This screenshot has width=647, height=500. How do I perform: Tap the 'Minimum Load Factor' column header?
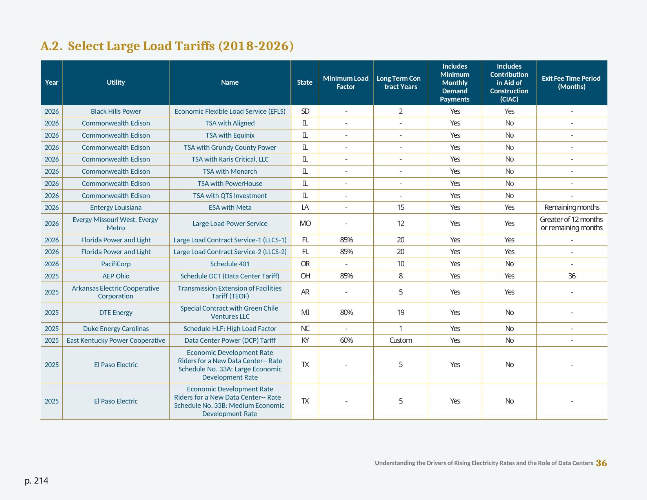pos(346,82)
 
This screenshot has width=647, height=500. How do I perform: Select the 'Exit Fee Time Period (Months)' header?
pos(571,82)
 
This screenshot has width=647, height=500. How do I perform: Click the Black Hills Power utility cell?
pos(116,111)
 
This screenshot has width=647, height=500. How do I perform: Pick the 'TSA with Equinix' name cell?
pos(230,135)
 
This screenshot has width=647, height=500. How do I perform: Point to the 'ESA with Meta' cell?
pos(230,207)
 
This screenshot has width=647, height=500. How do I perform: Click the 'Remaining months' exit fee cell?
pos(572,207)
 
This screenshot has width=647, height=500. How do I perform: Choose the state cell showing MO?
pos(305,224)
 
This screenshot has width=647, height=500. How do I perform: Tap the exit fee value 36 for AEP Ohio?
pos(572,276)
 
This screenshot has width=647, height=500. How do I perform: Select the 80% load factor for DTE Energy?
pos(346,312)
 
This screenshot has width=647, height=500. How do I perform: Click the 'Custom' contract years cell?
pos(401,340)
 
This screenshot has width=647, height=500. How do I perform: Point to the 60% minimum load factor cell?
pos(346,340)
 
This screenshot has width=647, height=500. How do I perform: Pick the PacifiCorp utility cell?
pos(116,264)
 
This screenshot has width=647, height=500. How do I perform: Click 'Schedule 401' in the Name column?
pos(230,264)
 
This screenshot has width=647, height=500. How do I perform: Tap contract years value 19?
pos(401,312)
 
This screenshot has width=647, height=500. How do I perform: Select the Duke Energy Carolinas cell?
pos(116,329)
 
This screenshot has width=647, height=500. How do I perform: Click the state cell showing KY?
pos(305,340)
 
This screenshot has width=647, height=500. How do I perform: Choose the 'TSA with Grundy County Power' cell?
pos(230,147)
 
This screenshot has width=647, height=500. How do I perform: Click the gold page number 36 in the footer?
pos(602,463)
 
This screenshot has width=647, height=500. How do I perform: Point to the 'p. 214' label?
pos(36,481)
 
